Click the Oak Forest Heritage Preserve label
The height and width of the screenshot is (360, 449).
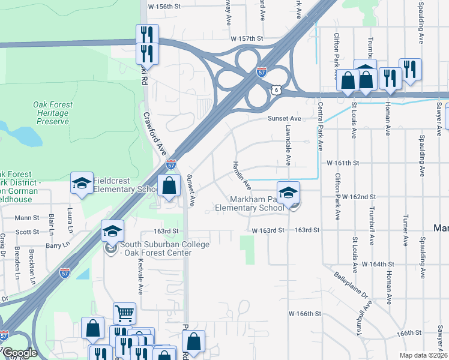coord(53,113)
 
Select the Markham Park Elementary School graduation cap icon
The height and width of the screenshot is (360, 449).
coord(289,192)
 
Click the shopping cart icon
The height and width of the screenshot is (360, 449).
coord(124,313)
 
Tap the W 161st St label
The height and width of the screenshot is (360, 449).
coord(342,163)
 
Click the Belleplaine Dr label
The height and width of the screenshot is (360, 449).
coord(350,284)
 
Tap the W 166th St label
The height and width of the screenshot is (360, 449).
coord(305,314)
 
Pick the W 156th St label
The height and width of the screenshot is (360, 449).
coord(164,6)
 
